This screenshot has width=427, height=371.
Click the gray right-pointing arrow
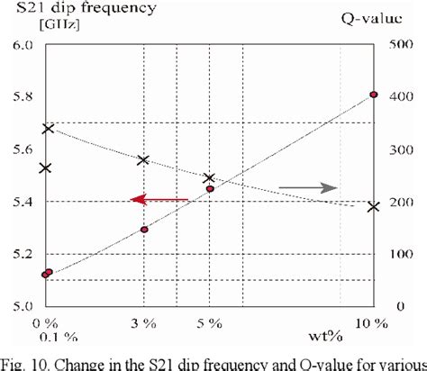click(x=308, y=187)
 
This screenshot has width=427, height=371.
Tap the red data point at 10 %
click(x=374, y=95)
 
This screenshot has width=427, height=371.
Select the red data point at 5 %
click(x=210, y=189)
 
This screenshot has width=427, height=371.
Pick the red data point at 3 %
click(x=144, y=230)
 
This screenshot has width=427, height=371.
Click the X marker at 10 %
click(x=374, y=207)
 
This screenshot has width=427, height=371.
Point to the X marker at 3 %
click(x=143, y=160)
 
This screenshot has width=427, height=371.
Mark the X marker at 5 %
click(x=210, y=179)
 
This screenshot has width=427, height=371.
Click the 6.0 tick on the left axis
click(x=22, y=45)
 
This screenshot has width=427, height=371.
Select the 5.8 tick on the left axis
click(x=22, y=97)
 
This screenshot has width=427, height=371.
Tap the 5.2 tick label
click(x=22, y=254)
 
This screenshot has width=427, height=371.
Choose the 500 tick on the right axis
click(x=397, y=45)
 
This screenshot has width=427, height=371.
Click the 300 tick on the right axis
click(x=397, y=149)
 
